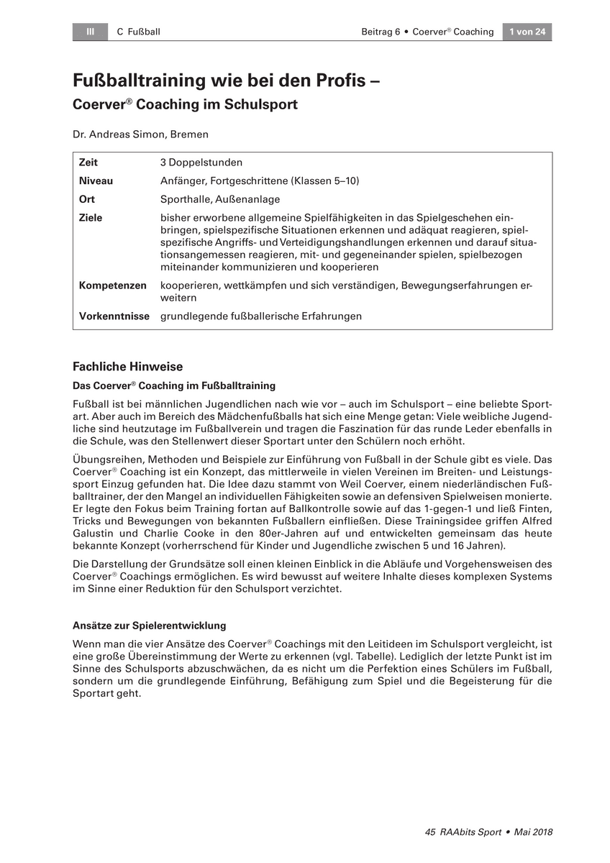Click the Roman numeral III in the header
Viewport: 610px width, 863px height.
(x=91, y=32)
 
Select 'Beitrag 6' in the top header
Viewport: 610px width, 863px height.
(x=380, y=32)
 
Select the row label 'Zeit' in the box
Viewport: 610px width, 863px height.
(x=88, y=163)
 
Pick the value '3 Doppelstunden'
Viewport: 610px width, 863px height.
(x=201, y=163)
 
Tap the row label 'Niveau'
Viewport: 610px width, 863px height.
(x=96, y=181)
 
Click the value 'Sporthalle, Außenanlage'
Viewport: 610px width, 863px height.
(x=220, y=199)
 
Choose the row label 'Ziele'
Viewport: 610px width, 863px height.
(x=91, y=218)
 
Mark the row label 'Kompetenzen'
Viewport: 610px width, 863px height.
(x=112, y=286)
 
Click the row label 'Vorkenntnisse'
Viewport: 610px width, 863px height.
(x=114, y=316)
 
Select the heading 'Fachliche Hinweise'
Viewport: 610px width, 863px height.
(x=128, y=367)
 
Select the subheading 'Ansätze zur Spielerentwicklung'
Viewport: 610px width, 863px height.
(x=150, y=626)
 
